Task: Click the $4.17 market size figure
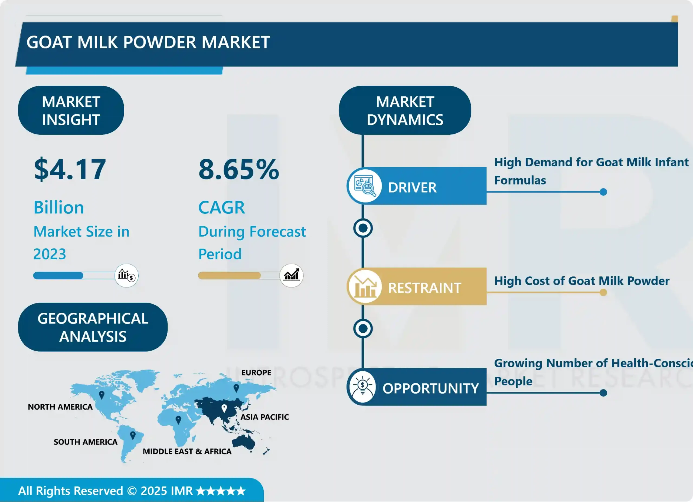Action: [x=70, y=170]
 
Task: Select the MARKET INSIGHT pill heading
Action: [x=71, y=110]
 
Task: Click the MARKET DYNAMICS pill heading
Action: [x=405, y=110]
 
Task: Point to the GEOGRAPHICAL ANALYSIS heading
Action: [x=93, y=327]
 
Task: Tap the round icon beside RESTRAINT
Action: [x=364, y=287]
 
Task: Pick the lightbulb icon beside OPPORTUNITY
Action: [x=363, y=387]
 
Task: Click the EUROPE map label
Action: [x=256, y=372]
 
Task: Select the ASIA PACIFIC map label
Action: [x=264, y=417]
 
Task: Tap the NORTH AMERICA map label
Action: [x=60, y=407]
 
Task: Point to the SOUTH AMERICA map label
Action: [x=86, y=442]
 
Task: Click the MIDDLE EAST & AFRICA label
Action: [x=187, y=452]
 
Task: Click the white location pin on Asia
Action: [x=224, y=408]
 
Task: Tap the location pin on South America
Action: [x=133, y=435]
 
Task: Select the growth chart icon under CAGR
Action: [x=291, y=275]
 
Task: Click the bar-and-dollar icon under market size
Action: [x=126, y=275]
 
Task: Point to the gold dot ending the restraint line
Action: [x=603, y=293]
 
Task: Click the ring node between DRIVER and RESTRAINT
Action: [x=363, y=228]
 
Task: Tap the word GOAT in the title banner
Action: [x=49, y=42]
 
